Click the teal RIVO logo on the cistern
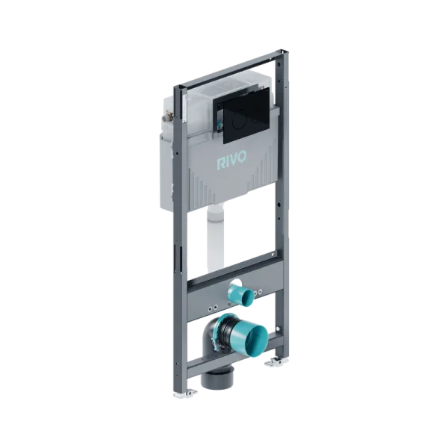pos(231,162)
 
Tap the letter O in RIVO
pos(241,158)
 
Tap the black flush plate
pos(246,119)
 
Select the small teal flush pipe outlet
pos(240,296)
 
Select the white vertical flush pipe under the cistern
pos(215,237)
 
